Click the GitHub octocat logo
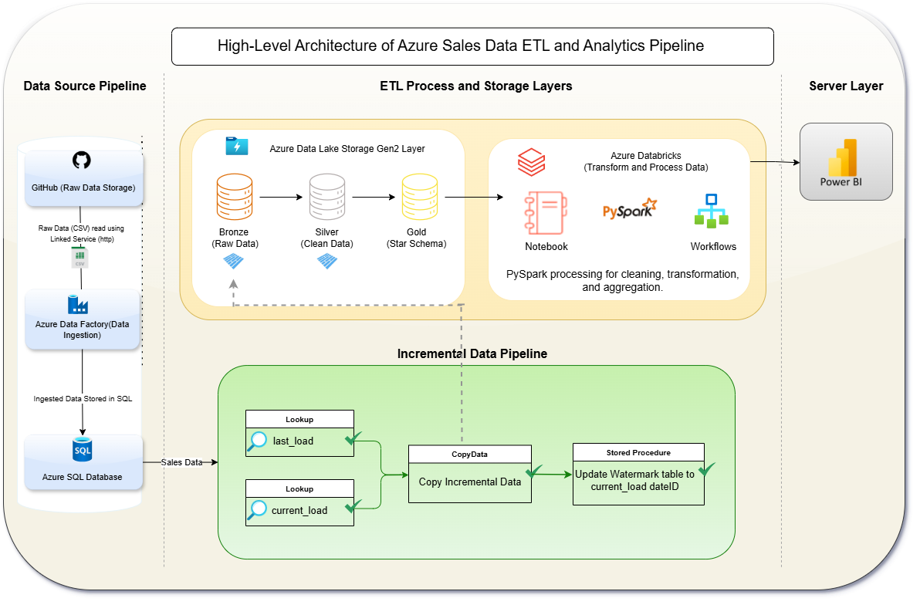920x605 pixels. click(81, 161)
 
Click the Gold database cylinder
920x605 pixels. click(417, 198)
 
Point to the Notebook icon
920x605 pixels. click(546, 212)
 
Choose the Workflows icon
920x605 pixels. click(711, 211)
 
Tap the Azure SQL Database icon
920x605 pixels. click(83, 450)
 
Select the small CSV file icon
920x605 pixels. click(79, 259)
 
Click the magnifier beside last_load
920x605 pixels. click(258, 441)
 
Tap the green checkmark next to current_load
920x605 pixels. click(353, 507)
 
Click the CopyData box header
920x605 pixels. click(469, 455)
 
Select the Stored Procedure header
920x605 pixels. click(638, 452)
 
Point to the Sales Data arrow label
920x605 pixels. click(181, 462)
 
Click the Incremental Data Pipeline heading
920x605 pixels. click(472, 353)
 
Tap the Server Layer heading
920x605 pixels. click(846, 86)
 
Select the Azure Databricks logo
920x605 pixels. click(531, 163)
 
